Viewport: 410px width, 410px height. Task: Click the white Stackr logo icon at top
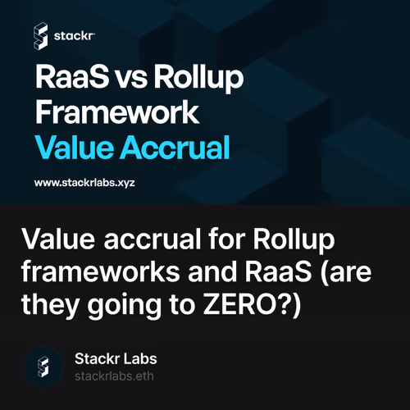point(40,35)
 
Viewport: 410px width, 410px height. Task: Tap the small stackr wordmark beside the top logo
point(75,36)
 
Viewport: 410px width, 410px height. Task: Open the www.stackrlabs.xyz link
point(84,182)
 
